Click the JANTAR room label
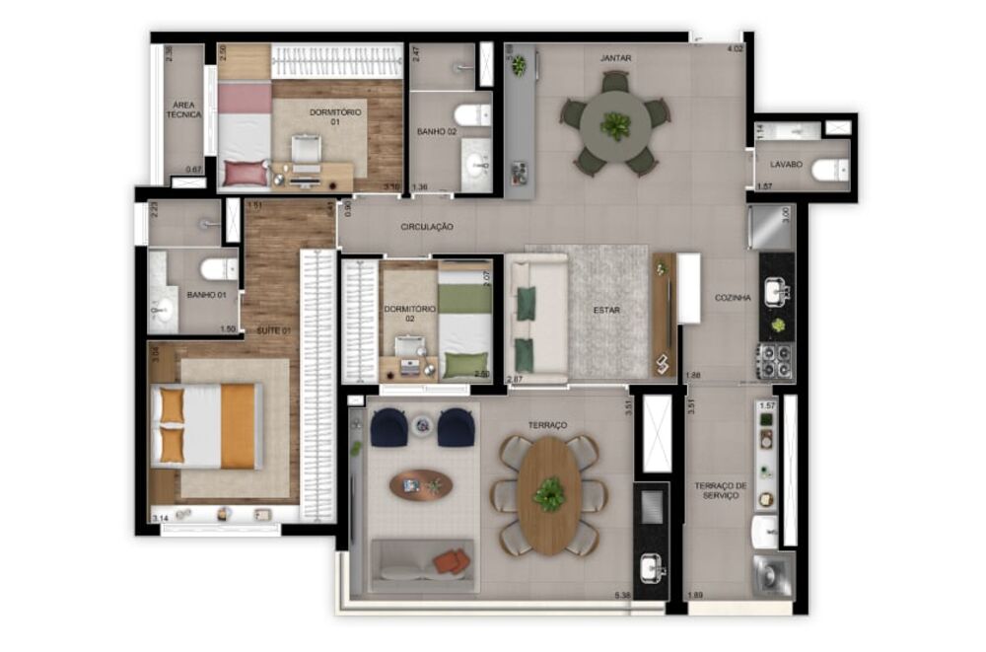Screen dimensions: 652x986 615,58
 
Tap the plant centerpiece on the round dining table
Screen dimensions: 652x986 616,125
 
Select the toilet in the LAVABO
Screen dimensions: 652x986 826,171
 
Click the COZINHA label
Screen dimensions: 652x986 734,297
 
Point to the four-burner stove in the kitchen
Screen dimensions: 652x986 776,362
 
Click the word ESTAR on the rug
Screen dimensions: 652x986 606,310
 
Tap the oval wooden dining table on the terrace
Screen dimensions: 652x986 550,494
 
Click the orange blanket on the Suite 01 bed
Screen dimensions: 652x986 238,426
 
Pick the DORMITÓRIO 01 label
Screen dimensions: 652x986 335,117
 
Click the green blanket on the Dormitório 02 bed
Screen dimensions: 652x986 465,299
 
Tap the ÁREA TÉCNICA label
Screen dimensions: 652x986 183,109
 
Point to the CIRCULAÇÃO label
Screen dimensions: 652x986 427,227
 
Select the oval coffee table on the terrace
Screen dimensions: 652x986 421,484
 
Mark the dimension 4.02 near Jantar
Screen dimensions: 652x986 735,48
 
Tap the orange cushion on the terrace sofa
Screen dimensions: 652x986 453,561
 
